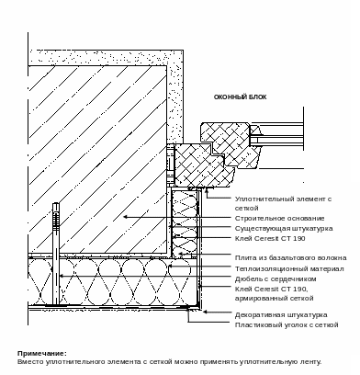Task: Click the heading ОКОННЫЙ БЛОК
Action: point(240,97)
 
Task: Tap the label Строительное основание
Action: point(279,219)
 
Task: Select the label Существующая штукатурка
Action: point(284,229)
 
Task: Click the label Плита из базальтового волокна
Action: point(290,258)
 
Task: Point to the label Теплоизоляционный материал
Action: point(289,269)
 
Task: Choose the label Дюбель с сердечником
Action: point(276,279)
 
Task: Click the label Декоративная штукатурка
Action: point(281,315)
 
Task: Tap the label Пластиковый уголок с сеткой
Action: point(287,325)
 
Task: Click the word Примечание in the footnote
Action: point(41,354)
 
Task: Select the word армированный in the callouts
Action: point(260,299)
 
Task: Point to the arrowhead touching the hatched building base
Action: point(126,217)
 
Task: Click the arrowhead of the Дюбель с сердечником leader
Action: point(62,276)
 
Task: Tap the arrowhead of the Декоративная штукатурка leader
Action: point(206,312)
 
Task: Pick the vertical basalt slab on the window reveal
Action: point(185,223)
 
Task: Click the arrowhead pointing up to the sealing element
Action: point(207,192)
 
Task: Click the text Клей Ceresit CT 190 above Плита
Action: point(270,239)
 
